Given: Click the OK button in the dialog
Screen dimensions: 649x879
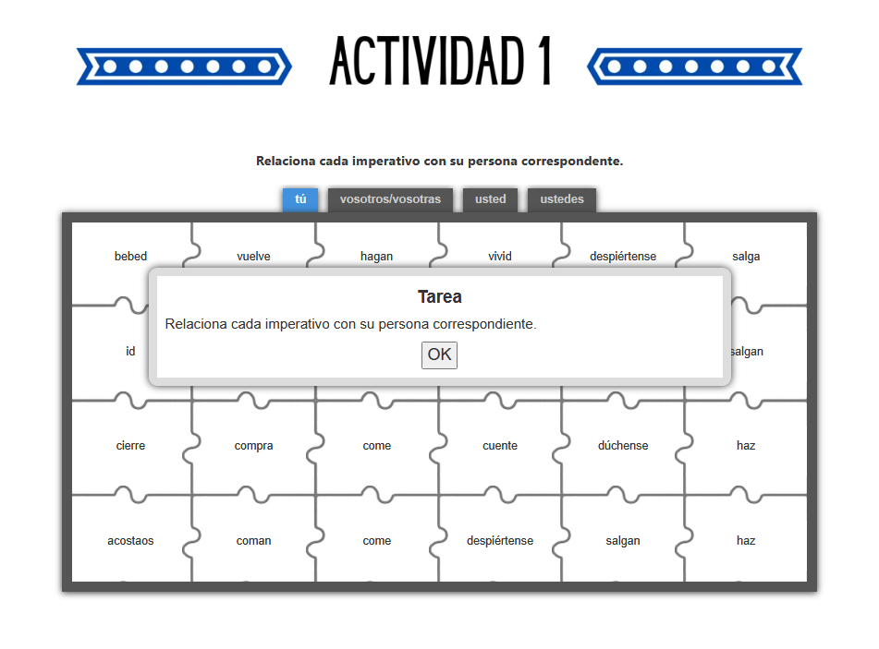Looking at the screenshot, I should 439,355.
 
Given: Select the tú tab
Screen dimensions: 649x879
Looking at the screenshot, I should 300,199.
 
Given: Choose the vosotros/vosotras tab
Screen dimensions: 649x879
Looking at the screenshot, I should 390,199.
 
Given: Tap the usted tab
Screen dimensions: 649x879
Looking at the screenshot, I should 490,199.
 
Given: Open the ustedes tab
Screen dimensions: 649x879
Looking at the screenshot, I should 562,199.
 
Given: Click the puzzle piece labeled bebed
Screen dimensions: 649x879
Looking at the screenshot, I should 130,256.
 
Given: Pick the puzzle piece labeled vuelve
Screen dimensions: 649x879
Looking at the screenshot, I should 253,256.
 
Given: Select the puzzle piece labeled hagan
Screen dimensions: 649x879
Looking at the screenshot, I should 376,256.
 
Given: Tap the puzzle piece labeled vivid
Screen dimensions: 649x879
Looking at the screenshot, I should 500,256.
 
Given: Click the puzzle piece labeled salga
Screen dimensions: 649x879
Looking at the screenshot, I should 746,256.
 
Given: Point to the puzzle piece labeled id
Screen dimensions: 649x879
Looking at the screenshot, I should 130,352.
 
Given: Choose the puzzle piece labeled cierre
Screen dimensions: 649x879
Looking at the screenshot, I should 130,446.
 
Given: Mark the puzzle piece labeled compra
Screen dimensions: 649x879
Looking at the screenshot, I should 253,446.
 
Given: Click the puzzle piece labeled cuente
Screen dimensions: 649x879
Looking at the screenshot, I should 500,446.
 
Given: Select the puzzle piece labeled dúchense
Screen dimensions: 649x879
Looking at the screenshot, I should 623,446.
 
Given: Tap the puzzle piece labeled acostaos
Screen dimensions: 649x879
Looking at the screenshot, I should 130,541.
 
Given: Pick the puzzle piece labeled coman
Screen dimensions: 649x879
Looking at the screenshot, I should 253,541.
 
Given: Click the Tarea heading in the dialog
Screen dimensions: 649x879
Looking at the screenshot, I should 439,297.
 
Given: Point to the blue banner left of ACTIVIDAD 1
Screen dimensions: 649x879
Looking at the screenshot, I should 184,66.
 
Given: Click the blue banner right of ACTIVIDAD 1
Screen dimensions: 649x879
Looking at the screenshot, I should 694,66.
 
